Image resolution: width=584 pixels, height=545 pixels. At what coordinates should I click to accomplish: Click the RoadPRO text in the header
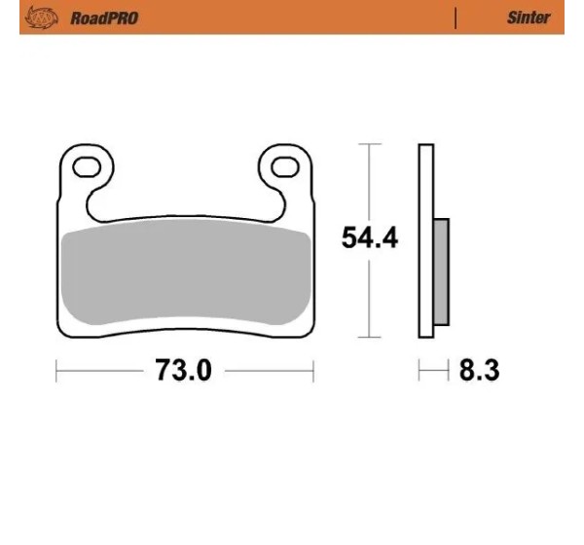pos(104,18)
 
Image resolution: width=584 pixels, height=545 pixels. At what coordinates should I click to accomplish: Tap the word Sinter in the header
pos(529,18)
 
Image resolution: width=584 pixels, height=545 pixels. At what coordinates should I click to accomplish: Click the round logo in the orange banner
pos(41,18)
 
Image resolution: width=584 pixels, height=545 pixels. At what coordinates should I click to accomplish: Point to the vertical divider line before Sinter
pos(456,18)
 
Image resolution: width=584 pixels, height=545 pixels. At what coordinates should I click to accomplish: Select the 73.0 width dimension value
pos(183,370)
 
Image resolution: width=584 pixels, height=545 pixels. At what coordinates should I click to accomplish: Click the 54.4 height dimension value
pos(370,237)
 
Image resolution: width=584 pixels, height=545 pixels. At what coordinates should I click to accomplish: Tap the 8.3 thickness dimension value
pos(479,370)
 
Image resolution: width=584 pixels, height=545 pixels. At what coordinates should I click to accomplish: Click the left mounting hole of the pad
pos(87,166)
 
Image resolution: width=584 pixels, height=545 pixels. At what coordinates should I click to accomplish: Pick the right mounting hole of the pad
pos(285,166)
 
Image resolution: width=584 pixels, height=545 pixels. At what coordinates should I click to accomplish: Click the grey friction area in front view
pos(186,272)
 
